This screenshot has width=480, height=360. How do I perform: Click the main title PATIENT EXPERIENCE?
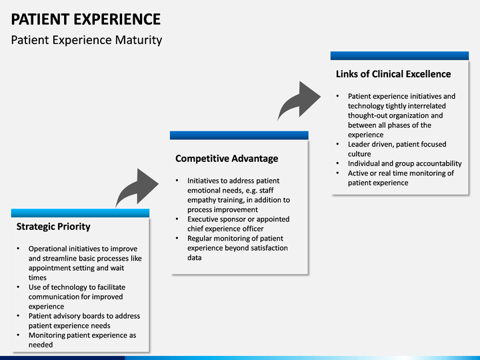(85, 19)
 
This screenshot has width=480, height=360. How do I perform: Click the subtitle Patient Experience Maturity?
(87, 40)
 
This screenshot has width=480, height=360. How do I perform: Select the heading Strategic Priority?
(53, 227)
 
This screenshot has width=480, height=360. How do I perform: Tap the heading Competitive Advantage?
(227, 159)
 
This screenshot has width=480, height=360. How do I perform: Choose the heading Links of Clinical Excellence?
(393, 74)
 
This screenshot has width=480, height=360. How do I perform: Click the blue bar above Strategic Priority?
(80, 213)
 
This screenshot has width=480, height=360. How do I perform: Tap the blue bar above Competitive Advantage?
(239, 135)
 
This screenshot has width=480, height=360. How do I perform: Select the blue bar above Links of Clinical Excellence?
(399, 56)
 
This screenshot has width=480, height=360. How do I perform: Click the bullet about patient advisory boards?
(84, 321)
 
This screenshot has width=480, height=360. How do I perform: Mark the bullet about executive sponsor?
(238, 224)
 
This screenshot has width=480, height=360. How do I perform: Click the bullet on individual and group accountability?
(404, 163)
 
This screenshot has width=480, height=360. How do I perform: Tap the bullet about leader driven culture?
(397, 149)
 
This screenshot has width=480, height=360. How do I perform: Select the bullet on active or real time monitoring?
(400, 178)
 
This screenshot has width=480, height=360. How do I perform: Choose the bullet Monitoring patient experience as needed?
(81, 340)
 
